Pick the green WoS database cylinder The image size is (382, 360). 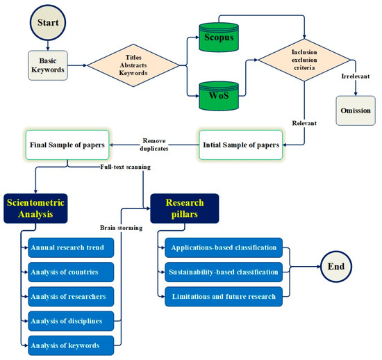tap(218, 92)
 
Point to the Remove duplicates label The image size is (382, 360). tap(153, 143)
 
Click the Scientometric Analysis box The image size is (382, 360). tap(44, 208)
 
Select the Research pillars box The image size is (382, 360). tap(184, 208)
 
